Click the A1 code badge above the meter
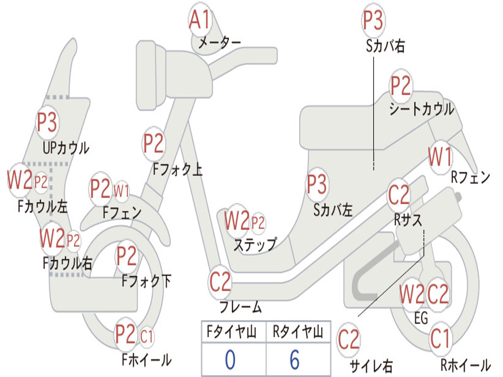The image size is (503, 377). tap(199, 20)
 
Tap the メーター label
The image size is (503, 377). tap(220, 43)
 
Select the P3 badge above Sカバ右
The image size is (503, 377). tap(373, 20)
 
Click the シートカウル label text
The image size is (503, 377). tap(421, 109)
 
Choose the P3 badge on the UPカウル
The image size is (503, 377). tap(47, 122)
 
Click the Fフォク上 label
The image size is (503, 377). tap(177, 169)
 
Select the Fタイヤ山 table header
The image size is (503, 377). tap(232, 332)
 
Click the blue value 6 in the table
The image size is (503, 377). tap(295, 360)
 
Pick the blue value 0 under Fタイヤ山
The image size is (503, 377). tap(230, 360)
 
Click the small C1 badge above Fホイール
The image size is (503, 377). tap(146, 337)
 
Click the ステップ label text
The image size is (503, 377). tap(255, 244)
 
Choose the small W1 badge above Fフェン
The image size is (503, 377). tap(121, 191)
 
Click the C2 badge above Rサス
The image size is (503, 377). tap(399, 194)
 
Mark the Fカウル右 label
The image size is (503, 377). tap(68, 264)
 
